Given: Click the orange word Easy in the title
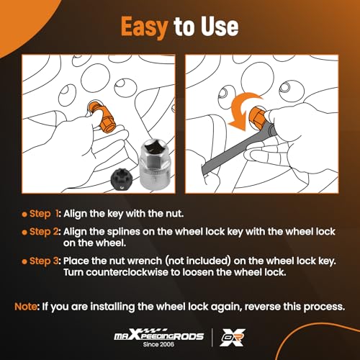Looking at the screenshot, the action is (144, 27).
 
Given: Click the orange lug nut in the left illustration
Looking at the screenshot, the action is (103, 116).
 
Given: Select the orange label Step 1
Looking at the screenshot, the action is (44, 214).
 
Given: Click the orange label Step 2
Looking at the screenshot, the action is (44, 232).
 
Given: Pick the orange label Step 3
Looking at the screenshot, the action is (44, 261).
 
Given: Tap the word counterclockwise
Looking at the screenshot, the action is (127, 272).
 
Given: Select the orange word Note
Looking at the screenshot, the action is (26, 307).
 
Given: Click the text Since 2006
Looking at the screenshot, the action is (158, 344).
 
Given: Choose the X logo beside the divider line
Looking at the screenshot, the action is (233, 338).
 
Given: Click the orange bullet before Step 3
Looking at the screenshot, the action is (24, 261).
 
